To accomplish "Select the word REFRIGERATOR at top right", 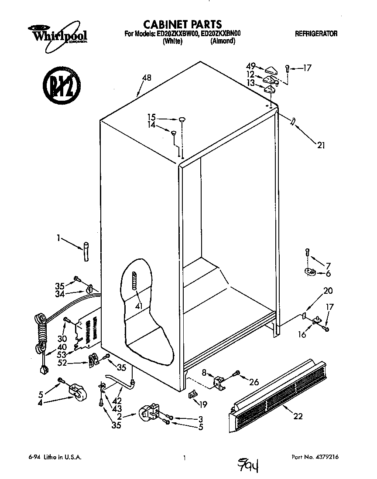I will [316, 34].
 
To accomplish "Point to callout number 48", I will [147, 78].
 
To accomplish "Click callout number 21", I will [321, 146].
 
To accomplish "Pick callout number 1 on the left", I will [59, 238].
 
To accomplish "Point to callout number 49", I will [250, 66].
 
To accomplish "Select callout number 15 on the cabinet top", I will [151, 117].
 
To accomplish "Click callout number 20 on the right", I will [328, 291].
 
